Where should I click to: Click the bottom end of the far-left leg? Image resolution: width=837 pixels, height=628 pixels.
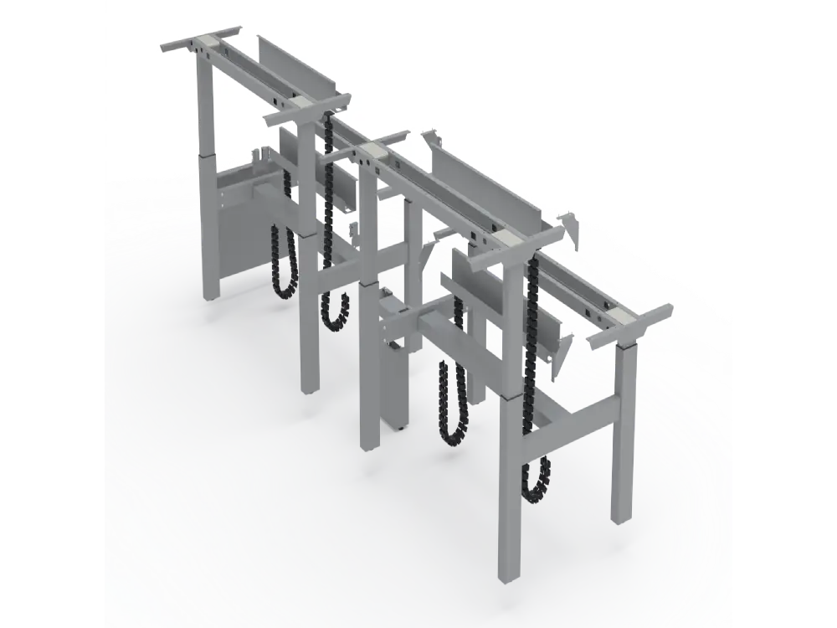pyautogui.click(x=211, y=296)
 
